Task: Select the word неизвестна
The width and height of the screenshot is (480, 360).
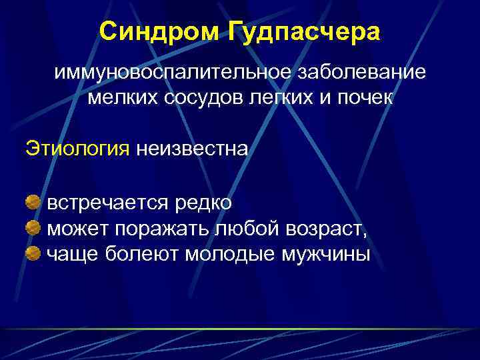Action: coord(192,147)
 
